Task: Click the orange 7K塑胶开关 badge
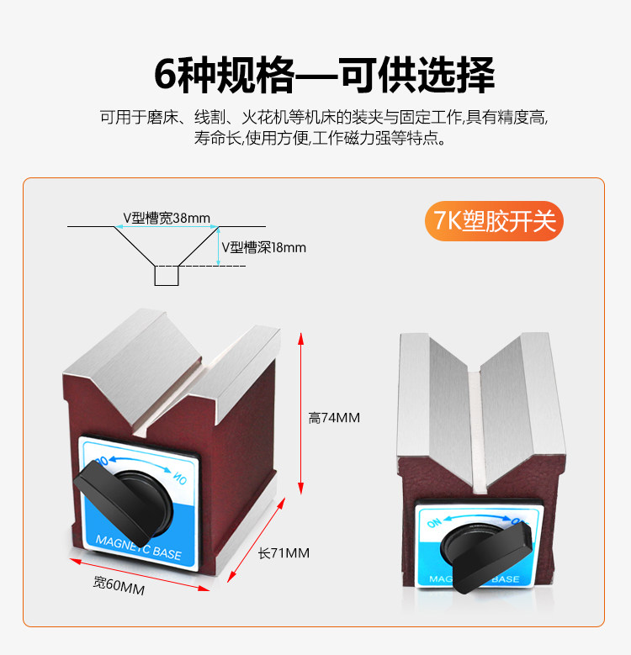point(494,221)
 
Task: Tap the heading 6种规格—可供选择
point(324,76)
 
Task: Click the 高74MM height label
point(334,417)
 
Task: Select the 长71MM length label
point(284,552)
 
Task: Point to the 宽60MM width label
point(119,587)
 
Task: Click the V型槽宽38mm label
point(166,218)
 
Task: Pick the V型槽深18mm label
point(264,247)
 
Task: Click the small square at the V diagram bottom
point(167,275)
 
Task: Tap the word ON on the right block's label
point(434,524)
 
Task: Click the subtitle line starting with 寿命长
point(324,139)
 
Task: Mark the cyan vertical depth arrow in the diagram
point(218,246)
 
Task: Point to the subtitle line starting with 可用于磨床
point(324,117)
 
